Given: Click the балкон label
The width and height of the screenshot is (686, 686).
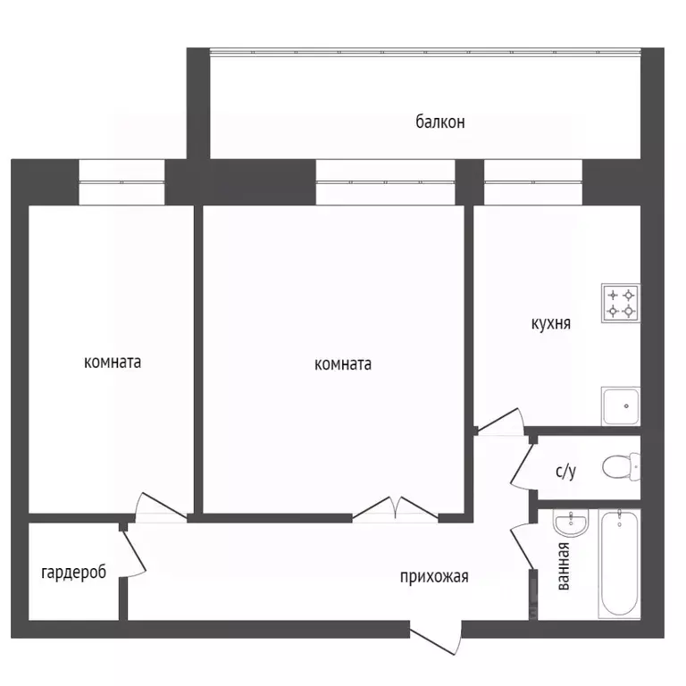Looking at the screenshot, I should point(439,122).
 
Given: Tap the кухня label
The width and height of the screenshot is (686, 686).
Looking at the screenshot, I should point(551,323).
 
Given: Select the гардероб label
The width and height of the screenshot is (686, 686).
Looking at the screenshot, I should point(73,573).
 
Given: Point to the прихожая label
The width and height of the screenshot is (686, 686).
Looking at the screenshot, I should point(434,577).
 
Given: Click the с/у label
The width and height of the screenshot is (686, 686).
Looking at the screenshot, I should point(565,471).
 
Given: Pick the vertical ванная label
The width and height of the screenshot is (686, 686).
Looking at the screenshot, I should point(564,566).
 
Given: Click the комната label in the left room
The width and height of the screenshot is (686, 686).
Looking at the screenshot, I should point(113,363).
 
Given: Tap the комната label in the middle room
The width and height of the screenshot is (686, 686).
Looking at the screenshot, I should point(343,364).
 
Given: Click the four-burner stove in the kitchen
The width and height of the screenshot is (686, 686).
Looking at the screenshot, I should point(621,303).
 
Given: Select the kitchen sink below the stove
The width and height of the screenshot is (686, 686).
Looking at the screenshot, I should point(621,406).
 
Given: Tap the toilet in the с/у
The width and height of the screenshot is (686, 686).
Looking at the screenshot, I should point(621,466).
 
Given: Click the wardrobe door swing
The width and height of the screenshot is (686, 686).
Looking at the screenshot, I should point(134,554).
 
